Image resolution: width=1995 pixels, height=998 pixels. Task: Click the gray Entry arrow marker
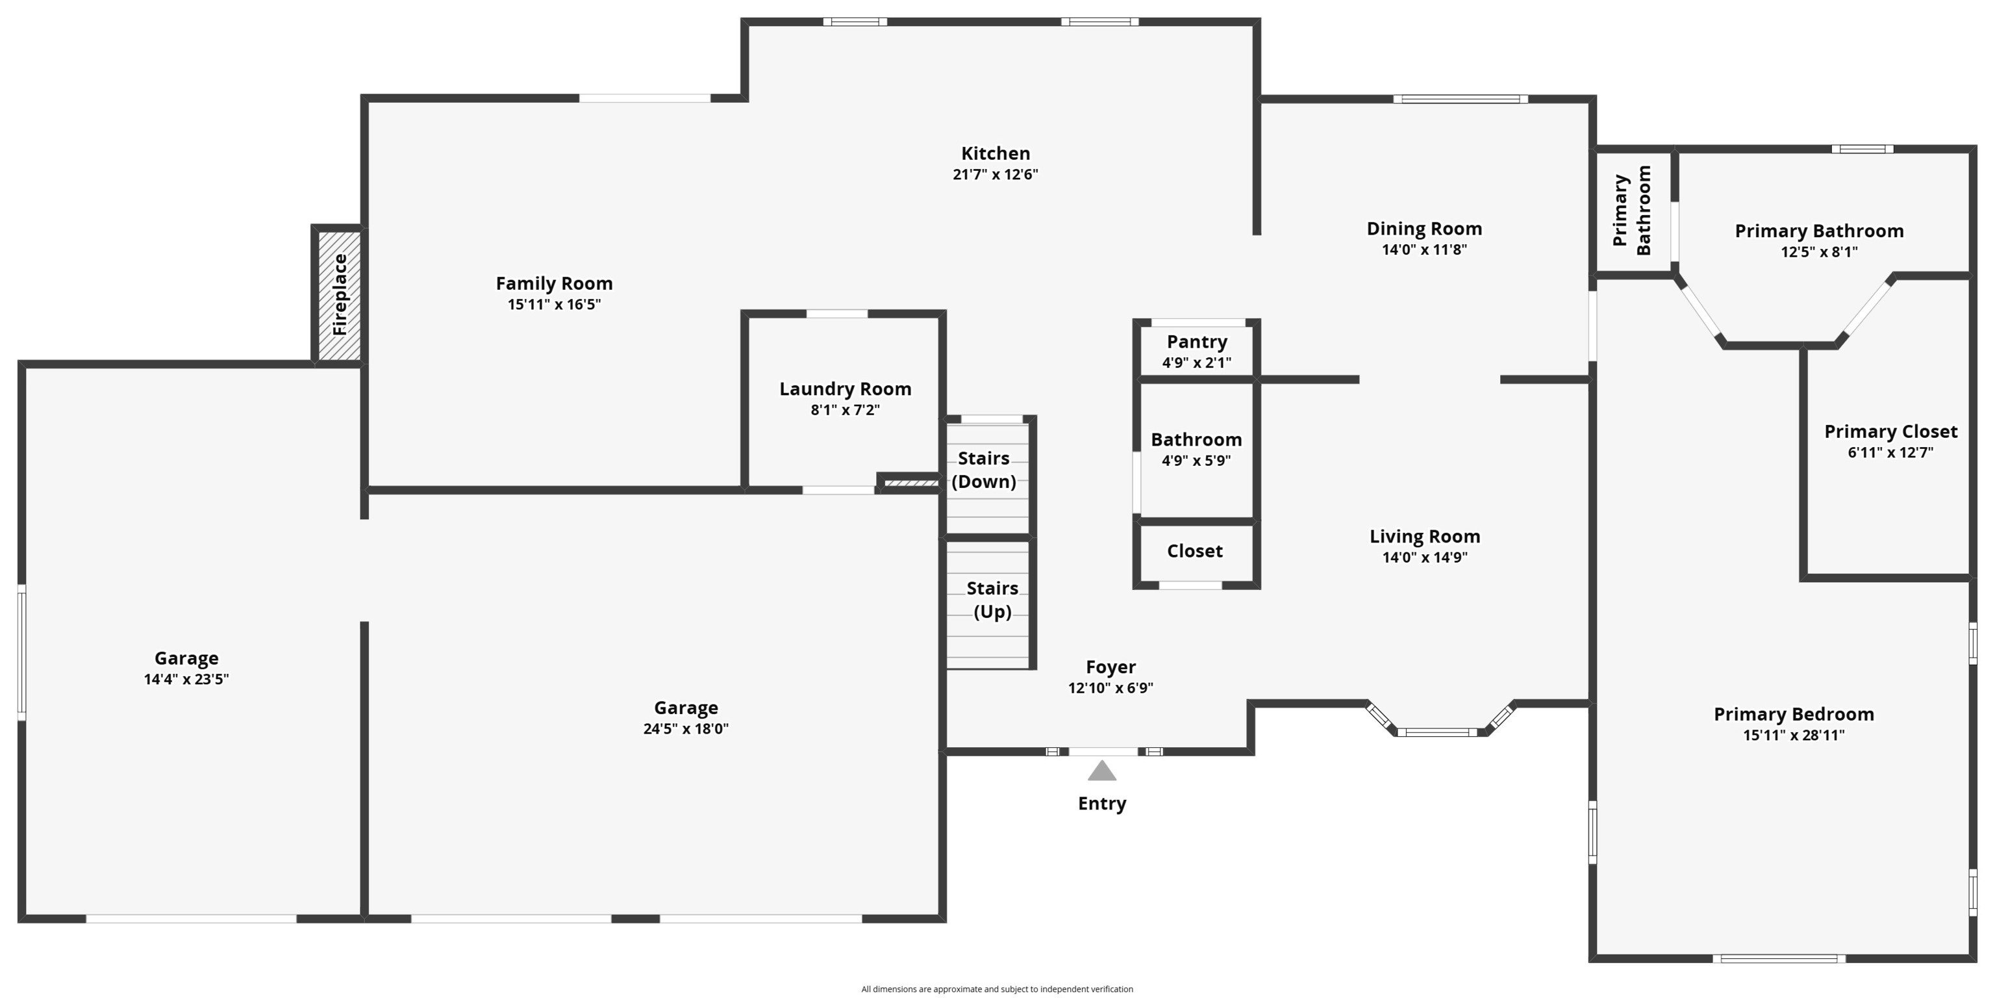[x=1102, y=771]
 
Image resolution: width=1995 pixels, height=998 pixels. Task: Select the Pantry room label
[x=1196, y=342]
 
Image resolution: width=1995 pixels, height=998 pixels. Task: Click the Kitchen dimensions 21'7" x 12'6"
[x=995, y=174]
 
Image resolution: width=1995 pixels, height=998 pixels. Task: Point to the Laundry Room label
[x=845, y=389]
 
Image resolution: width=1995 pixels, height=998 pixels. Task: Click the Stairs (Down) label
[x=984, y=470]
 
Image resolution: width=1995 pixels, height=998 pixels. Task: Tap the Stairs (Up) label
[x=992, y=600]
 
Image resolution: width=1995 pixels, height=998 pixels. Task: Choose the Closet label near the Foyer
[x=1195, y=551]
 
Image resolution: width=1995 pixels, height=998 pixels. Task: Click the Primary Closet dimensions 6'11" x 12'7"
[x=1890, y=452]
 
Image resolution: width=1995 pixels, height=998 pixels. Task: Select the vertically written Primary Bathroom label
[x=1632, y=211]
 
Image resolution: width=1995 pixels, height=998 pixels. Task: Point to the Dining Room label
[x=1424, y=229]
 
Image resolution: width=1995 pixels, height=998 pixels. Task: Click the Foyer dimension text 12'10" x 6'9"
[x=1110, y=688]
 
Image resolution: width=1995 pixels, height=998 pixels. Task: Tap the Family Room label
[x=555, y=283]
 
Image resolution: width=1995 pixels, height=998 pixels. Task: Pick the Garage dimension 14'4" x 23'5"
[x=186, y=680]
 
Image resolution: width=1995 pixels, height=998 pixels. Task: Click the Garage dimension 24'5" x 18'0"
[x=686, y=729]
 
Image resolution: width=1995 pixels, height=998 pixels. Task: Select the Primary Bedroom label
[x=1794, y=715]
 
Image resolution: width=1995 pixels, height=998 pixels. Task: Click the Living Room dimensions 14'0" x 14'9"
[x=1425, y=557]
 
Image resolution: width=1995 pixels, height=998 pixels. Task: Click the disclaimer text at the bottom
[x=997, y=989]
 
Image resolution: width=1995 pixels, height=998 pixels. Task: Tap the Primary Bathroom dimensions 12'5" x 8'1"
[x=1819, y=252]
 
